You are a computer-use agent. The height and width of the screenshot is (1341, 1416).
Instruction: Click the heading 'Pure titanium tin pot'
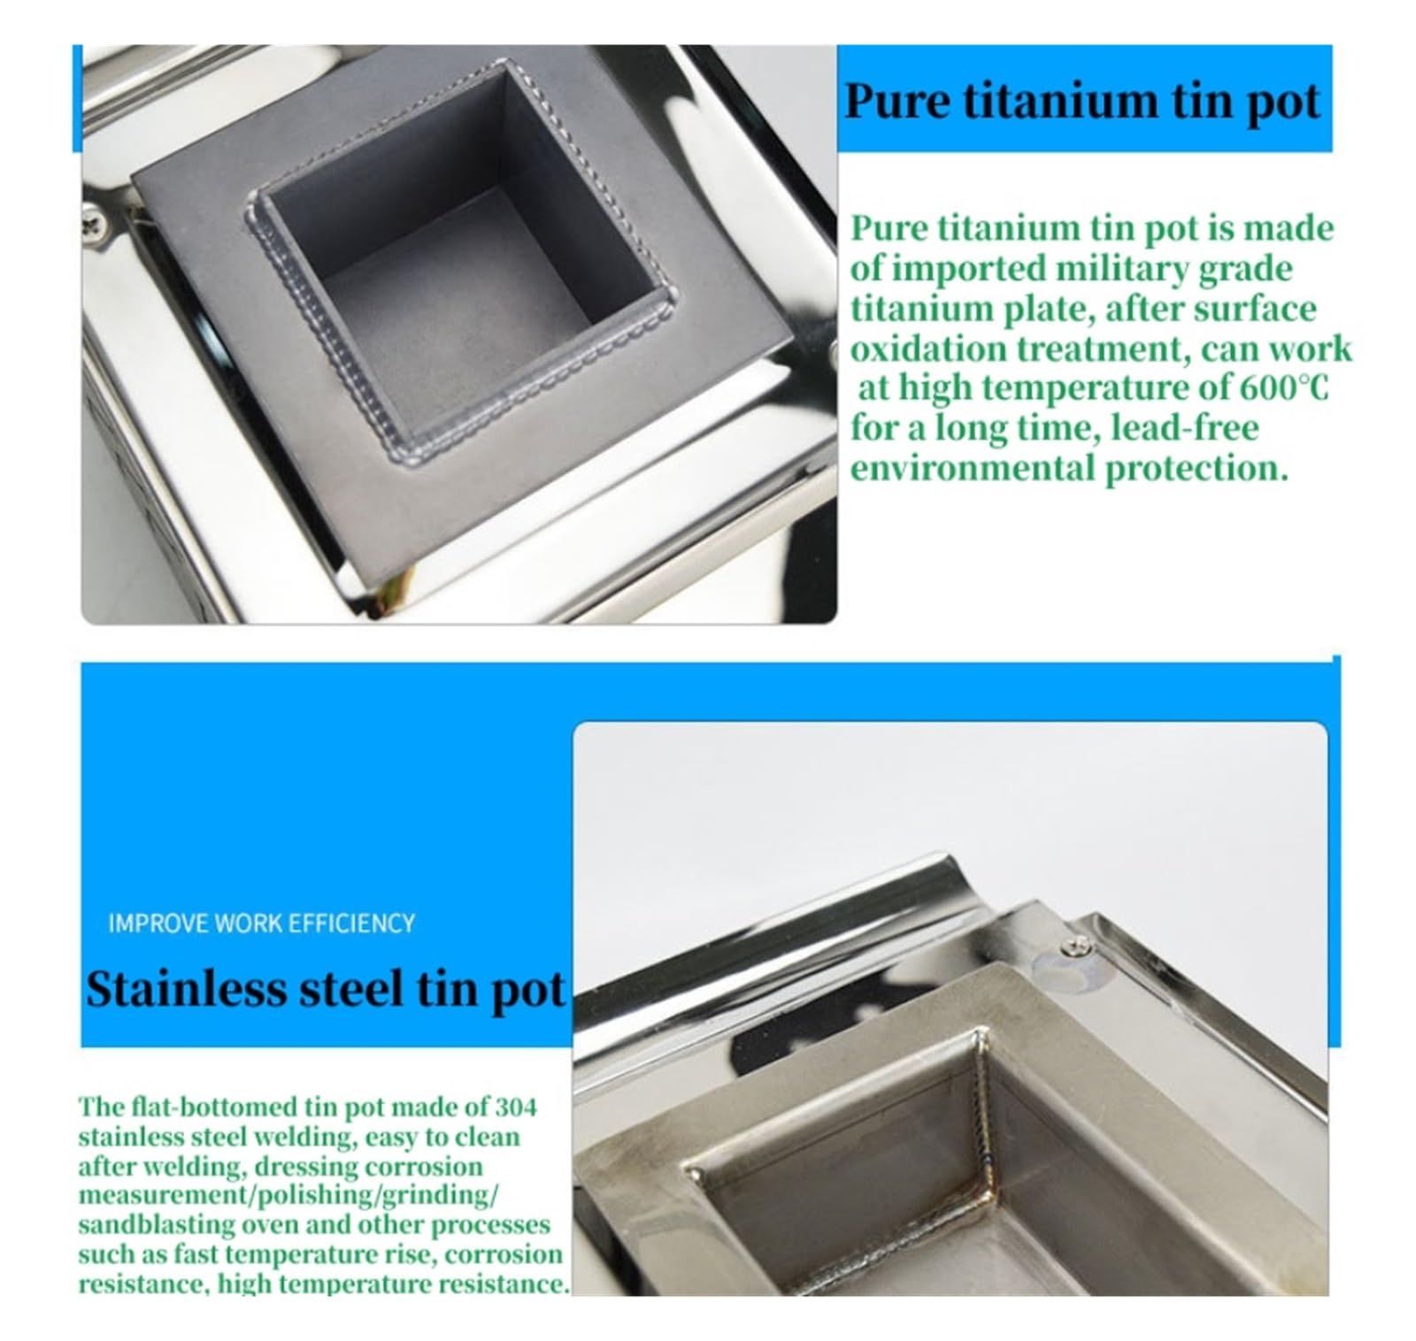1082,101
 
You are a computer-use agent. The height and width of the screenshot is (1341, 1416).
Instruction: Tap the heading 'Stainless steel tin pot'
325,989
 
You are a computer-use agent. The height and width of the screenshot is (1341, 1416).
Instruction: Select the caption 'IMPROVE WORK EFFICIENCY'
261,923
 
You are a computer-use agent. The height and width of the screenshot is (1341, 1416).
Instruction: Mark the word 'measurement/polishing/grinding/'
289,1196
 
